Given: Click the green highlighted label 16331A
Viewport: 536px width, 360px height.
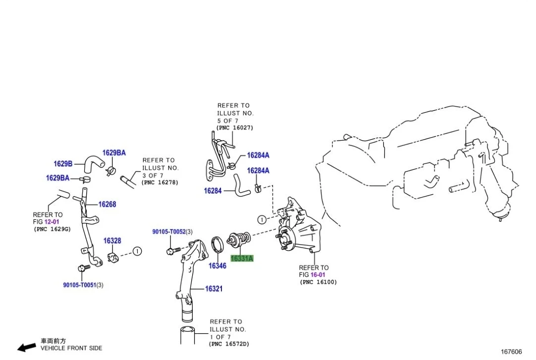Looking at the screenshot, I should tap(241, 258).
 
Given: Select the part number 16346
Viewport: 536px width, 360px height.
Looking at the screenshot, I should tap(217, 266).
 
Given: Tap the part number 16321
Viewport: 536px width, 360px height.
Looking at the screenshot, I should tap(214, 289).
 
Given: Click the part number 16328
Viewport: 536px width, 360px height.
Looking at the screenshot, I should tap(112, 241).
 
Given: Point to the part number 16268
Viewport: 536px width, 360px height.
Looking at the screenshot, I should tap(107, 204).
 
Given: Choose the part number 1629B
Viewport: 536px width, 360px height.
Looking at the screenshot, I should tap(63, 163).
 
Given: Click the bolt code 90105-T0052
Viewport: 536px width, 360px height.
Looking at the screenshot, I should tap(168, 232).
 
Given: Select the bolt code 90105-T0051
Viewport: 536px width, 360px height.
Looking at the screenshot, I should tap(79, 285).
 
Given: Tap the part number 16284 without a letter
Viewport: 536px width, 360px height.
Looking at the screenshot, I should tap(213, 190).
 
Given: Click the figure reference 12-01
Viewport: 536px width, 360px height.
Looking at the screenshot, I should tap(52, 222).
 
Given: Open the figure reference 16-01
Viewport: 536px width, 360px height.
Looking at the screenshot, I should tap(318, 275).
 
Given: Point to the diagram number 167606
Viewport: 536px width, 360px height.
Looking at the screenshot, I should tap(511, 352).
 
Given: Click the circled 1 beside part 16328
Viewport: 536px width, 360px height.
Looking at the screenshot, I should tap(137, 251).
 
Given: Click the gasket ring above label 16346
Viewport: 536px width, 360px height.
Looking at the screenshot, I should tap(216, 245).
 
